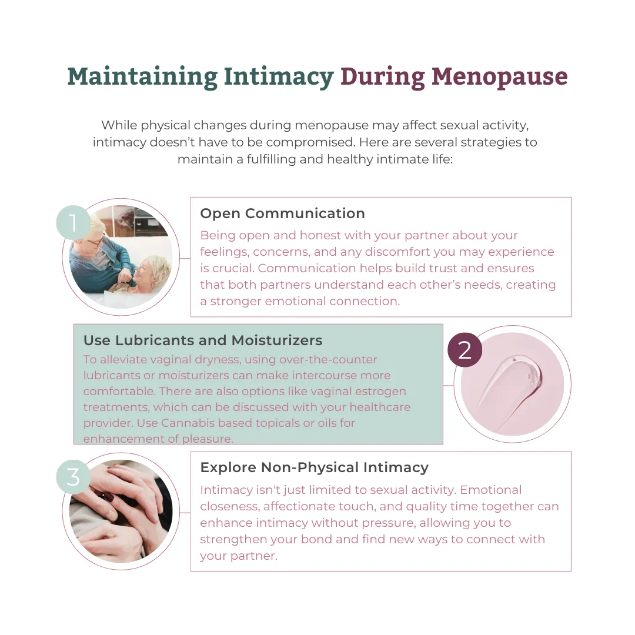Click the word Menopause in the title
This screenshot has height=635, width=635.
point(499,76)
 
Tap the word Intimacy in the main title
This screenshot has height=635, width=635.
point(279,76)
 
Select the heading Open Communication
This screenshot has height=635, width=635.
point(282,213)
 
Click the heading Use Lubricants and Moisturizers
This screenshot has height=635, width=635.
point(203,340)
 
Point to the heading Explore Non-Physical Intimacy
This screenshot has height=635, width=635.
point(314,467)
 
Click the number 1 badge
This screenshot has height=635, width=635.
point(73,222)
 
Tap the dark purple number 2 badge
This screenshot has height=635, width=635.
point(465,350)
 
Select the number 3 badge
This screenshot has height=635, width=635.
point(73,477)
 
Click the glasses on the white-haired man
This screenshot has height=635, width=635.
point(96,242)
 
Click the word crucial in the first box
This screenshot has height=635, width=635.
point(233,268)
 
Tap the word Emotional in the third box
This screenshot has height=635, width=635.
point(491,490)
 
